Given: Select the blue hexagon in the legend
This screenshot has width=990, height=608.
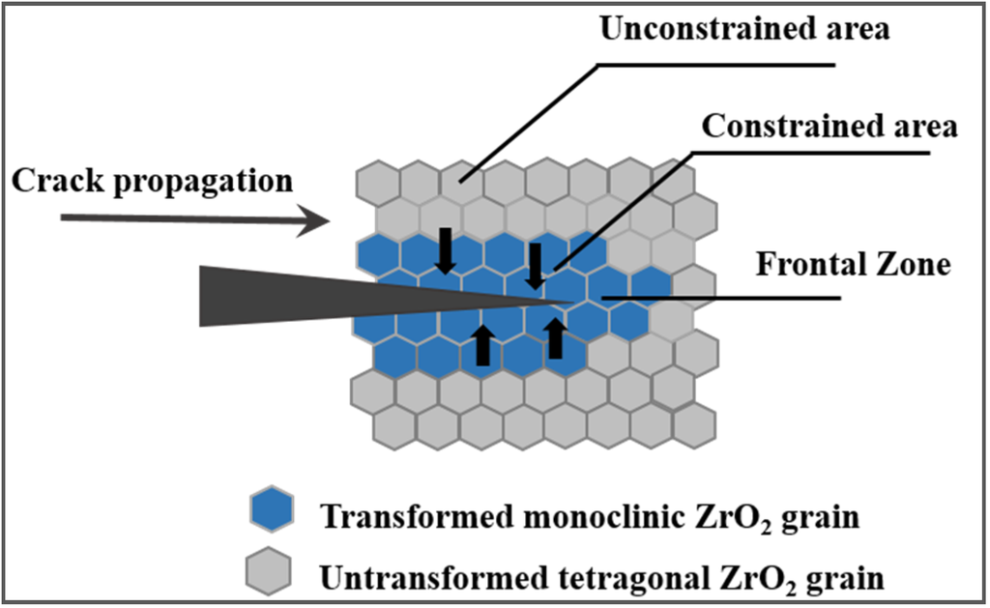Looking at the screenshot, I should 270,508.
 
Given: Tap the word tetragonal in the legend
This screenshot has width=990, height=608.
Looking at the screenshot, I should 601,577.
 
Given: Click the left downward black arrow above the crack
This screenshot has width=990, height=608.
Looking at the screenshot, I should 445,250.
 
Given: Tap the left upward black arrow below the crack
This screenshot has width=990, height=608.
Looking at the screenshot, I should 482,344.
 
